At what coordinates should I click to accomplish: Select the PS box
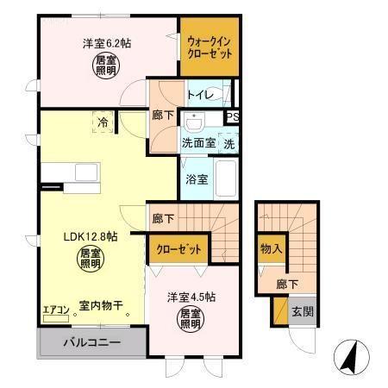pyautogui.click(x=232, y=118)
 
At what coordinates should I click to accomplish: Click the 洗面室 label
pyautogui.click(x=197, y=143)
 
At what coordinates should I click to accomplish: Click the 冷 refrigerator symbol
pyautogui.click(x=103, y=123)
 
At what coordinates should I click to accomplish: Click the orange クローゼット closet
pyautogui.click(x=179, y=249)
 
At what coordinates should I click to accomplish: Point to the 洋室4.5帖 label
pyautogui.click(x=191, y=297)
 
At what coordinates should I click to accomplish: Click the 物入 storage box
pyautogui.click(x=271, y=248)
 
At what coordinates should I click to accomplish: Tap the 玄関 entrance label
pyautogui.click(x=300, y=312)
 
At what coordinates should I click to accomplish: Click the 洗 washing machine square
pyautogui.click(x=230, y=143)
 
